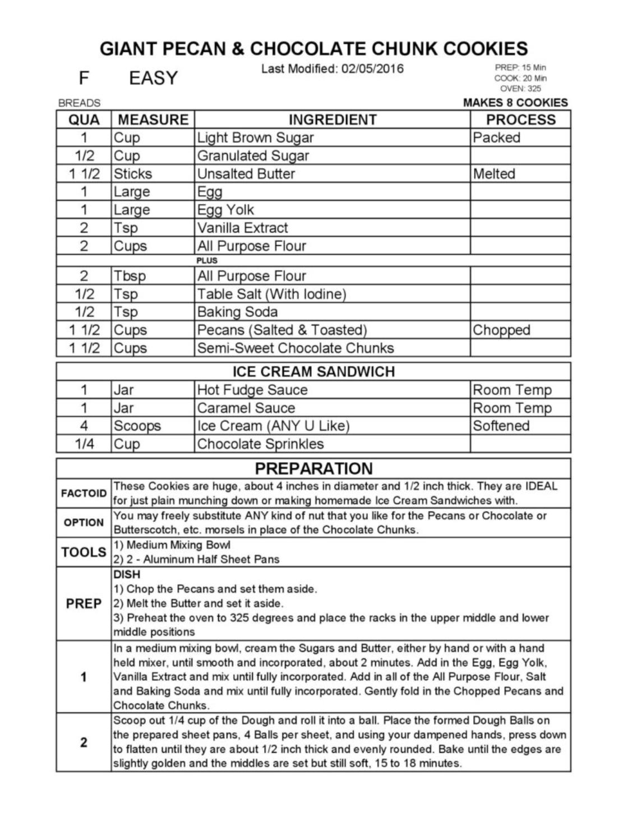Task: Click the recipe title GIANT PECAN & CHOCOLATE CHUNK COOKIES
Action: tap(313, 49)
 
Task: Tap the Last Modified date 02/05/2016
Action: tap(372, 69)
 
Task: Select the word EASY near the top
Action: tap(153, 78)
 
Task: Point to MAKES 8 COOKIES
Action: tap(515, 103)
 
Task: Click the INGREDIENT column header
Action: tap(333, 119)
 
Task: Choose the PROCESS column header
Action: tap(520, 119)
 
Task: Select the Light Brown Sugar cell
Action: tap(255, 137)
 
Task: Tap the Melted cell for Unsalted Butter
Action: tap(494, 173)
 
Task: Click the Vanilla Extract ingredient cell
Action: tap(242, 228)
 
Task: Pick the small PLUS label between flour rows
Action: tap(207, 260)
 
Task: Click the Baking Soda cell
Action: tap(237, 312)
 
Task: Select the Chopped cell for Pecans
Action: tap(501, 330)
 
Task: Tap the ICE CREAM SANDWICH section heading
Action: tap(313, 371)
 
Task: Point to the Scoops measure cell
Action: tap(137, 426)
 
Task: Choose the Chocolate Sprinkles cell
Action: tap(260, 444)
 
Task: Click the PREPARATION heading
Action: tap(313, 468)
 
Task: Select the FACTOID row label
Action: tap(84, 494)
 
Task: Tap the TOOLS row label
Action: tap(84, 552)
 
